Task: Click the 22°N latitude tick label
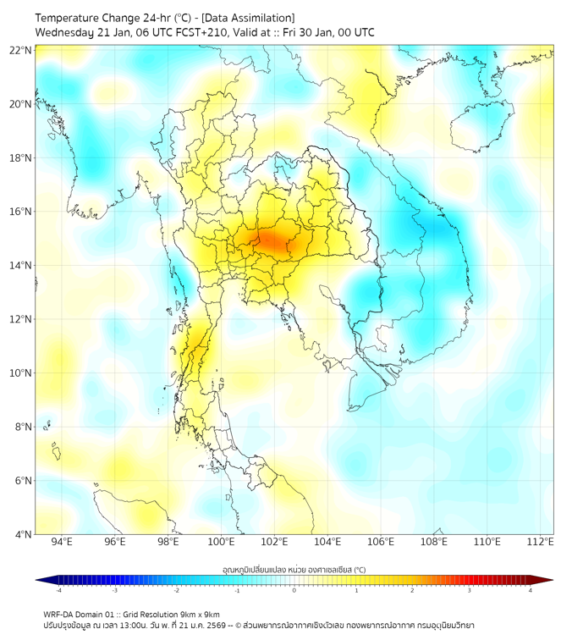tap(20, 51)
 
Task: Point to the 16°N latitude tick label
tap(20, 212)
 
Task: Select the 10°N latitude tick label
tap(20, 373)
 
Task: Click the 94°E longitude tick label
tap(62, 543)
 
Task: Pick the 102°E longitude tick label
tap(274, 543)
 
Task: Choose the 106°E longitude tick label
tap(381, 543)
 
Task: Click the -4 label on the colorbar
tap(58, 590)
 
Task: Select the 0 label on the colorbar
tap(294, 590)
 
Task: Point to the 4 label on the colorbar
tap(531, 590)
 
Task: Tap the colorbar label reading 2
tap(412, 590)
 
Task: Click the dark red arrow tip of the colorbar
tap(547, 580)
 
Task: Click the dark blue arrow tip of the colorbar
tap(41, 580)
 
